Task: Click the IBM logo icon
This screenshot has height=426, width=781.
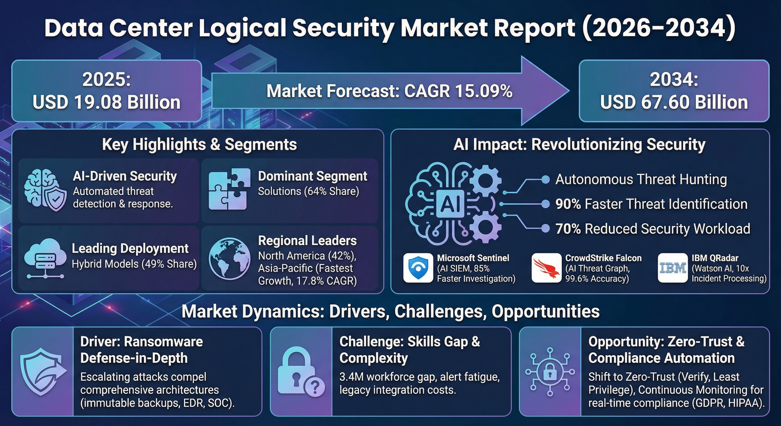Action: [673, 268]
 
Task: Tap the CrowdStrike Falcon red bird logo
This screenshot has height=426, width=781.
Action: [546, 268]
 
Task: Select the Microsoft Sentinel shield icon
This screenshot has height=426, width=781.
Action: [418, 268]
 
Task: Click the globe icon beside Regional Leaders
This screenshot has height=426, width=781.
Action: [230, 258]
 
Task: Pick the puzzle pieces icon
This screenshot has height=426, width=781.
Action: [230, 189]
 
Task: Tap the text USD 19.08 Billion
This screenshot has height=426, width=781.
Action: [106, 102]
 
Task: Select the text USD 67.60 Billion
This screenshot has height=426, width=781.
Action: [674, 102]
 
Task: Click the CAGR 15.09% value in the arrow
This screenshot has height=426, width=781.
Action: [458, 91]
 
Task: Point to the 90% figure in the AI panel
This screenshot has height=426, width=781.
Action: [568, 204]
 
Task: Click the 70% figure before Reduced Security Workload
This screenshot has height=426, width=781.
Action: [568, 229]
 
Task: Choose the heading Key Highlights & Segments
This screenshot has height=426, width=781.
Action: [199, 144]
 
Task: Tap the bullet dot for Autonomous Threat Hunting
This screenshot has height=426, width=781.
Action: [546, 179]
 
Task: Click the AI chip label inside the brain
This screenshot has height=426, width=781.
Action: [450, 204]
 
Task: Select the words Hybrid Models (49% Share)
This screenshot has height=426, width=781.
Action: [134, 264]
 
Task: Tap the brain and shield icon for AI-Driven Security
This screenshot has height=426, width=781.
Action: [45, 190]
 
